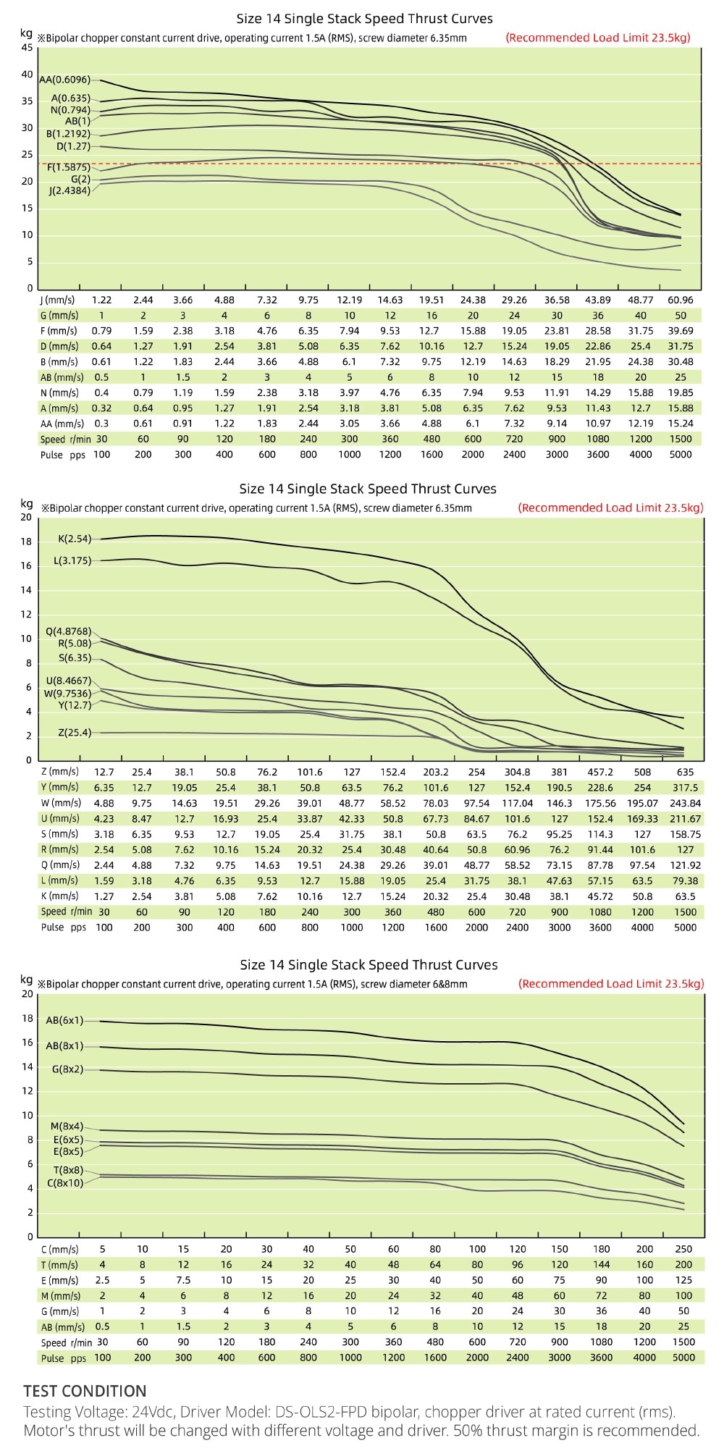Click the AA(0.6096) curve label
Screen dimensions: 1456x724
click(64, 80)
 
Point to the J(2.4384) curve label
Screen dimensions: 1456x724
click(70, 191)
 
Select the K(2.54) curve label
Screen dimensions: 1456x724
click(75, 539)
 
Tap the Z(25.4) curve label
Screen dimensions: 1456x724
click(75, 733)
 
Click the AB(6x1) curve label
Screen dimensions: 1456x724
click(64, 1020)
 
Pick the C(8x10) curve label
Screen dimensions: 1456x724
click(65, 1183)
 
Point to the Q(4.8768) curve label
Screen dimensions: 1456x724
click(68, 631)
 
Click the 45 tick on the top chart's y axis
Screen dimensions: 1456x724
click(27, 48)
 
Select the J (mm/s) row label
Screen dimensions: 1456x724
click(59, 300)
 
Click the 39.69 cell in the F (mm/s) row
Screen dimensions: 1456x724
click(680, 331)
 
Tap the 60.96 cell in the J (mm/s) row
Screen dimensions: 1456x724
click(680, 300)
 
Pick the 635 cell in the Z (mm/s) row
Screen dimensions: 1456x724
click(685, 772)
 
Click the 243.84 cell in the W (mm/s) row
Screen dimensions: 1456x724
click(685, 803)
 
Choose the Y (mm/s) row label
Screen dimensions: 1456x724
click(59, 787)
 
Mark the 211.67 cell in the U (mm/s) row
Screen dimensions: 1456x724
click(685, 819)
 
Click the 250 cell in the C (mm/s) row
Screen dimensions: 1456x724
click(683, 1249)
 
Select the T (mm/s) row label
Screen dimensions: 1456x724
click(59, 1265)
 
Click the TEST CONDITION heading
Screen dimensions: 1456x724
click(85, 1391)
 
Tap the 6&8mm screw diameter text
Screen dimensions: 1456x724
click(450, 985)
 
